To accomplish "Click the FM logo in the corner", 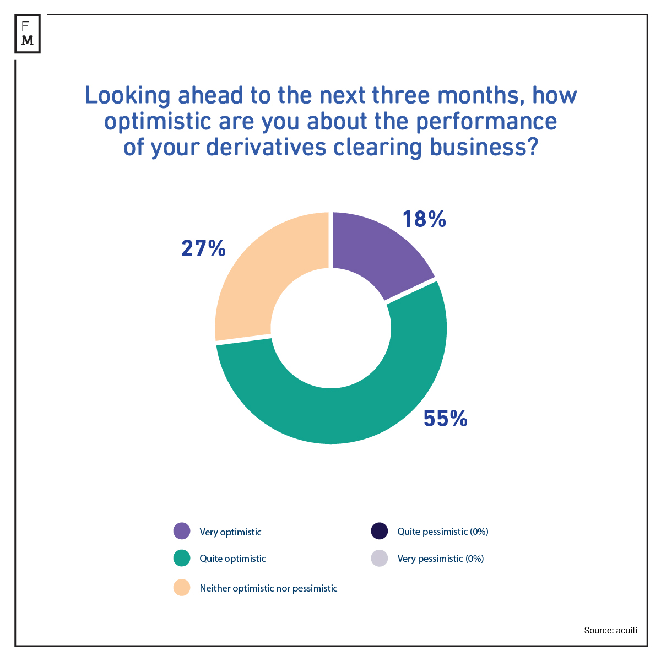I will click(28, 34).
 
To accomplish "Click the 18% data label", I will click(424, 219).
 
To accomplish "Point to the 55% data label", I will click(445, 419).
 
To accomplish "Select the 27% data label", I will click(203, 249).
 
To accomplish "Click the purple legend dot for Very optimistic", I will click(181, 532).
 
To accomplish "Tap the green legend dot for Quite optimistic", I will click(181, 559).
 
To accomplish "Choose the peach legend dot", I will click(181, 588).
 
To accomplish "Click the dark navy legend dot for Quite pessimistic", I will click(379, 532).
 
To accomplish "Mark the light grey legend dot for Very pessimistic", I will click(379, 559).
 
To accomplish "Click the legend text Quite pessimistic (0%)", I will click(443, 532).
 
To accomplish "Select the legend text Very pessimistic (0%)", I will click(440, 559).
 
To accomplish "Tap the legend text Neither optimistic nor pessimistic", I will click(268, 588).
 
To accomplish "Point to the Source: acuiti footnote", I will click(610, 630).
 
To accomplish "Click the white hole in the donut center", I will click(330, 328).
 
